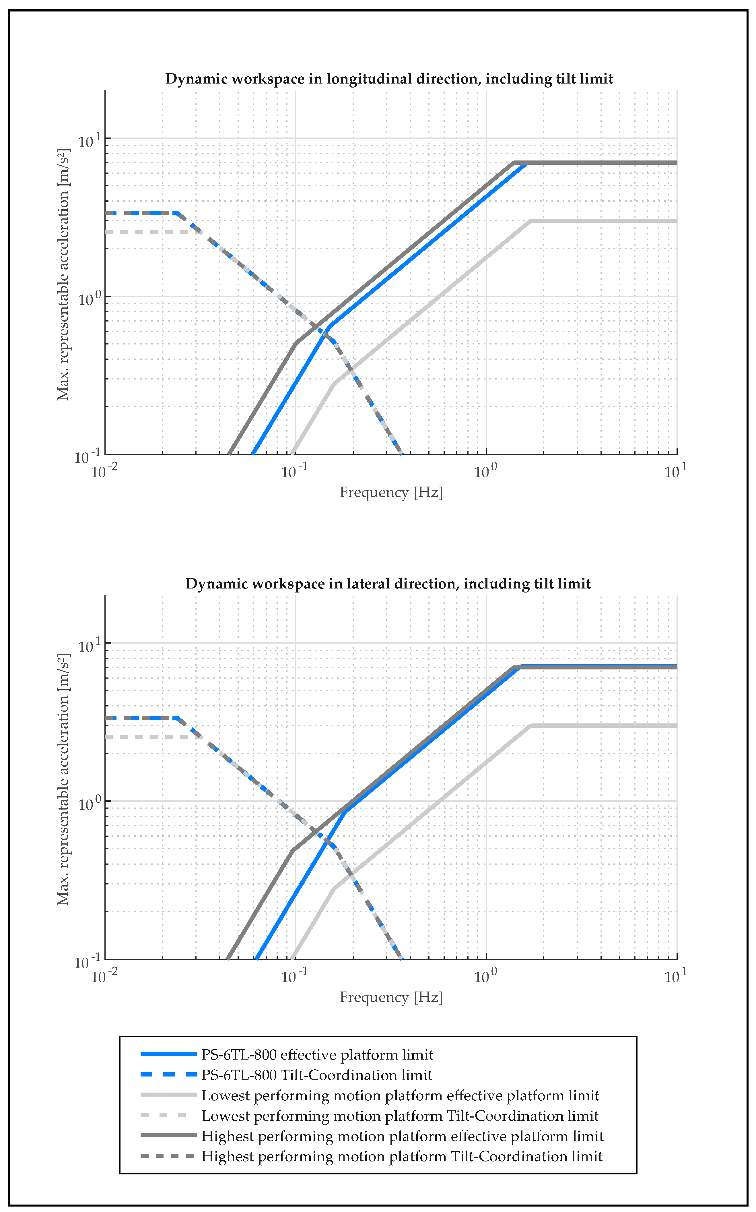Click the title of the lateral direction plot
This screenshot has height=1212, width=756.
[388, 584]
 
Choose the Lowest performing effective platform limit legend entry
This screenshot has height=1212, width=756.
[400, 1095]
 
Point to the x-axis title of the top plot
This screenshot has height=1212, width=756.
[391, 492]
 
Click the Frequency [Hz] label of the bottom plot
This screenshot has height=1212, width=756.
[391, 997]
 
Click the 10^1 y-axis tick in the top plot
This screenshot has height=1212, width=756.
[90, 141]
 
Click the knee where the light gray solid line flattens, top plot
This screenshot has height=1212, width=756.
[530, 220]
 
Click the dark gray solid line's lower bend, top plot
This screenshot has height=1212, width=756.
[296, 344]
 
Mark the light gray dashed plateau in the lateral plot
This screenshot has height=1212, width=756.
[150, 737]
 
